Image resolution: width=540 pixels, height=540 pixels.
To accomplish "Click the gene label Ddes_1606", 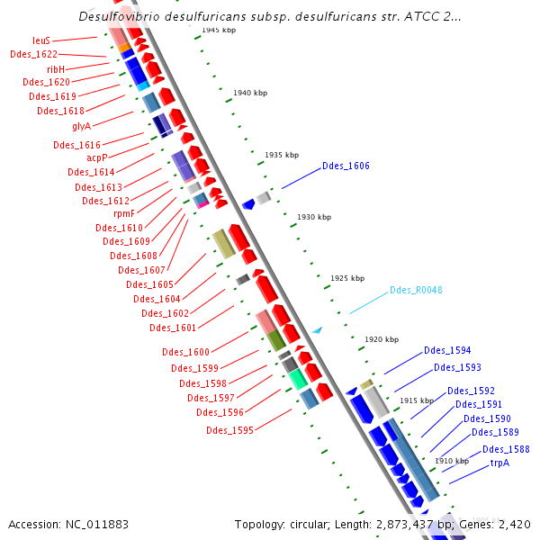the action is pyautogui.click(x=346, y=166).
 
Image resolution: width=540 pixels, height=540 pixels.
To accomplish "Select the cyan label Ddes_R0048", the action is pyautogui.click(x=416, y=291).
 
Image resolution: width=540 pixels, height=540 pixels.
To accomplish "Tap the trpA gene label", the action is pyautogui.click(x=499, y=463).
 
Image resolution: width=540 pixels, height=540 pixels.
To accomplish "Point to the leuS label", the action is pyautogui.click(x=41, y=40).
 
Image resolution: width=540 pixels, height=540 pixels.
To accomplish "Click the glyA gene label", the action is pyautogui.click(x=82, y=126).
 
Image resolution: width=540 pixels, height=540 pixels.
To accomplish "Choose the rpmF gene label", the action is pyautogui.click(x=124, y=214).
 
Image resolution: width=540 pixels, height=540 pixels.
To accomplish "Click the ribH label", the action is pyautogui.click(x=56, y=68).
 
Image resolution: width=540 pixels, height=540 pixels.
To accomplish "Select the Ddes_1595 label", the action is pyautogui.click(x=229, y=430).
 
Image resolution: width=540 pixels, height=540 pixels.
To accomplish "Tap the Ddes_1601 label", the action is pyautogui.click(x=173, y=328).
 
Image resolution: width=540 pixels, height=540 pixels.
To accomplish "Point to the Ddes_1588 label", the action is pyautogui.click(x=506, y=450).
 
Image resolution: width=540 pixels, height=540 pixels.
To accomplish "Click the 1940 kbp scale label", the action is pyautogui.click(x=250, y=93).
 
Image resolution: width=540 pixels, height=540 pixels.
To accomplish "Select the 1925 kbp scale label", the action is pyautogui.click(x=347, y=278).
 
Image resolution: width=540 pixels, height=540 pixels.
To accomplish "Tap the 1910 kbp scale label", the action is pyautogui.click(x=451, y=461).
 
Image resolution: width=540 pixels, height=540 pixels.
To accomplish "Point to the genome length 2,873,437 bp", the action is pyautogui.click(x=410, y=524).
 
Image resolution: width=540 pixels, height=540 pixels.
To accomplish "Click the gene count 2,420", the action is pyautogui.click(x=517, y=524).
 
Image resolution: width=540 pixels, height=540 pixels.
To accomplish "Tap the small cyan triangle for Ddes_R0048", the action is pyautogui.click(x=317, y=330).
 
